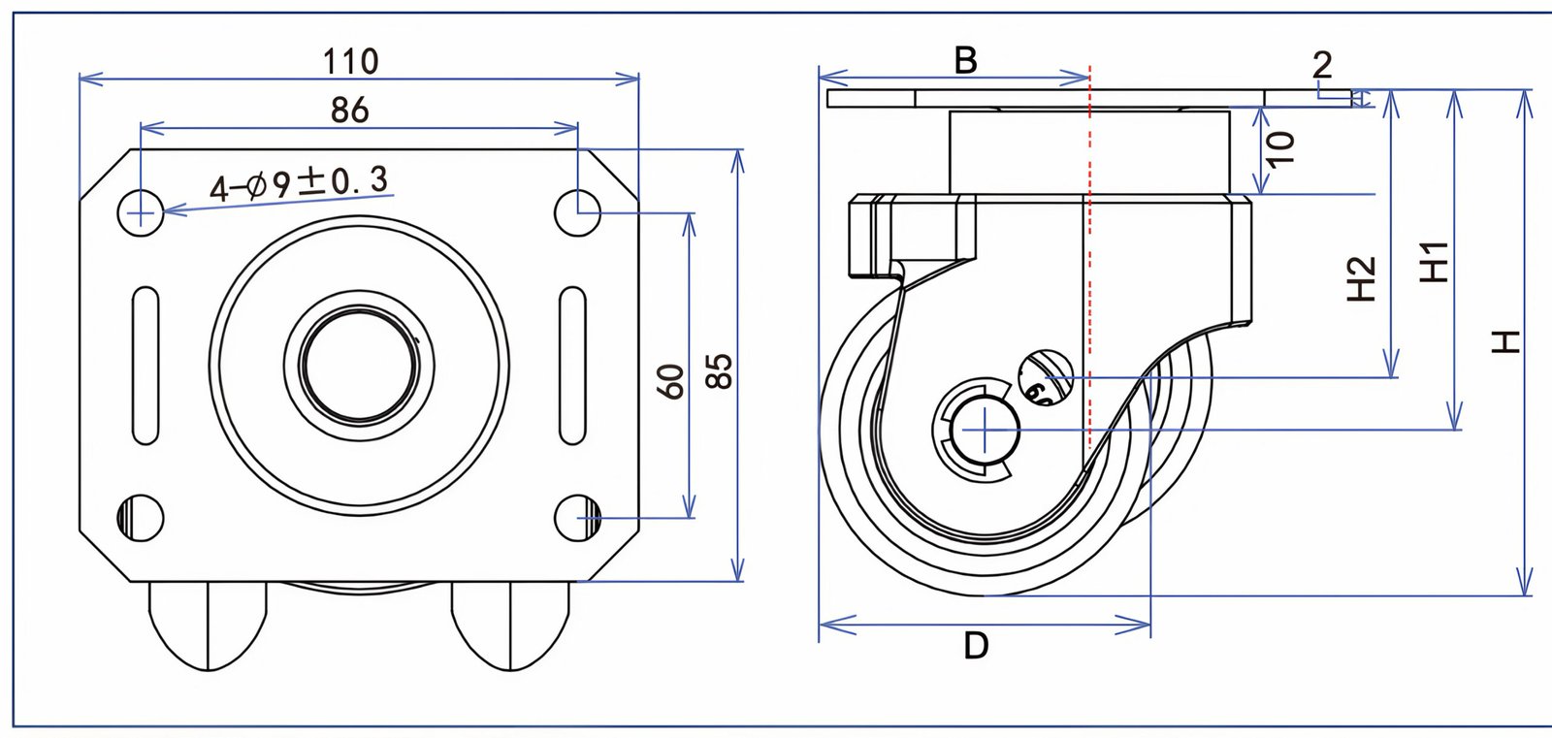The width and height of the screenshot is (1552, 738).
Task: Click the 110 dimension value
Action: tap(350, 61)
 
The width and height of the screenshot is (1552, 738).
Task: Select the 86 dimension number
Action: tap(349, 110)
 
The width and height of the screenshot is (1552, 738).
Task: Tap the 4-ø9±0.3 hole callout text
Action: tap(299, 182)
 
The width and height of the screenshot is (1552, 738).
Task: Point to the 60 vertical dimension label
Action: tap(671, 380)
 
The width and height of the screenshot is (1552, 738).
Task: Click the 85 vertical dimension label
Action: tap(719, 370)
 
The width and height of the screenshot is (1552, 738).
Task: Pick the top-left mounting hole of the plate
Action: tap(141, 210)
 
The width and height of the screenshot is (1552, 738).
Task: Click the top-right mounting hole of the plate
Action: tap(579, 210)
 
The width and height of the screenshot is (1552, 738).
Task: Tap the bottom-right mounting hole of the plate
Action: tap(579, 516)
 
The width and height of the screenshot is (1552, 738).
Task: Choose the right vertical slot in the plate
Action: tap(573, 366)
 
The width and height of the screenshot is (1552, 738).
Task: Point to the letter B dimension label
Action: tap(965, 60)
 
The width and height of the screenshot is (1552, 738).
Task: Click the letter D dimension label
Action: tap(976, 645)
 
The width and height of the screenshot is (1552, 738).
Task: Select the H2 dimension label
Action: tap(1362, 278)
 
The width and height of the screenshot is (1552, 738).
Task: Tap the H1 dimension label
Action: tap(1434, 261)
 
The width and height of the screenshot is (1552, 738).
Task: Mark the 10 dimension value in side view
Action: tap(1281, 147)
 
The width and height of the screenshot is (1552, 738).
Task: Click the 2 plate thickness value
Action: tap(1322, 65)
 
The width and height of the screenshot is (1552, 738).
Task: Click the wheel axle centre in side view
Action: tap(985, 429)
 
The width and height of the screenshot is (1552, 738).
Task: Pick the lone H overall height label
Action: tap(1504, 341)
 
